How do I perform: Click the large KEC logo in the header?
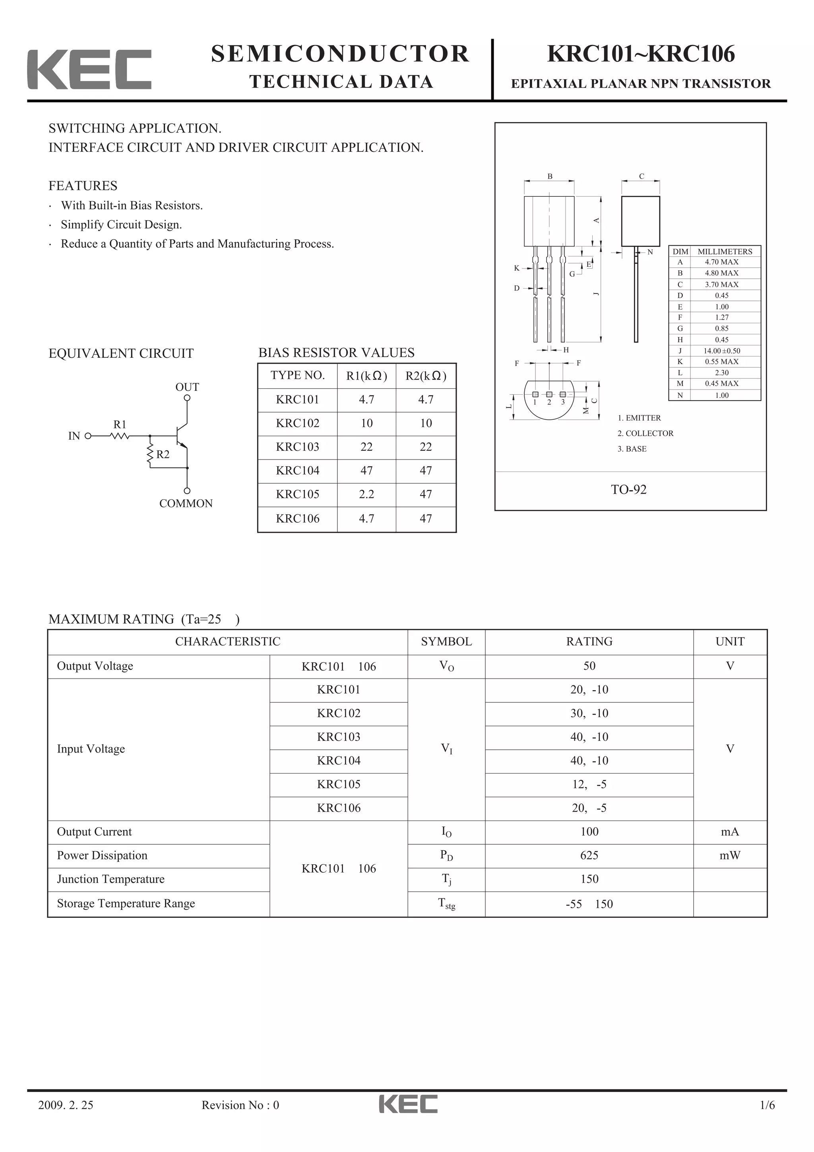tap(89, 69)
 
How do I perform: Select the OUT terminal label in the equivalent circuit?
tap(187, 387)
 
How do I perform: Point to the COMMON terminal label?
tap(186, 503)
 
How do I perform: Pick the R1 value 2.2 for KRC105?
tap(366, 494)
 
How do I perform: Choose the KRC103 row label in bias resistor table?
tap(297, 446)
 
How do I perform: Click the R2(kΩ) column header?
tap(426, 376)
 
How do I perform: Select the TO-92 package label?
tap(628, 490)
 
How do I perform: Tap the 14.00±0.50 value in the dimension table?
tap(721, 351)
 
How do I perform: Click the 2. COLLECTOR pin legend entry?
tap(645, 433)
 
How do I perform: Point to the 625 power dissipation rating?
tap(589, 855)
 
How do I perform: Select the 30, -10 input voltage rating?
tap(589, 713)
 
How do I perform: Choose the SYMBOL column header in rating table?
tap(446, 641)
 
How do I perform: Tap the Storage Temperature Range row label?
tap(126, 903)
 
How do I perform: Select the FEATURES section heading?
tap(83, 186)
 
